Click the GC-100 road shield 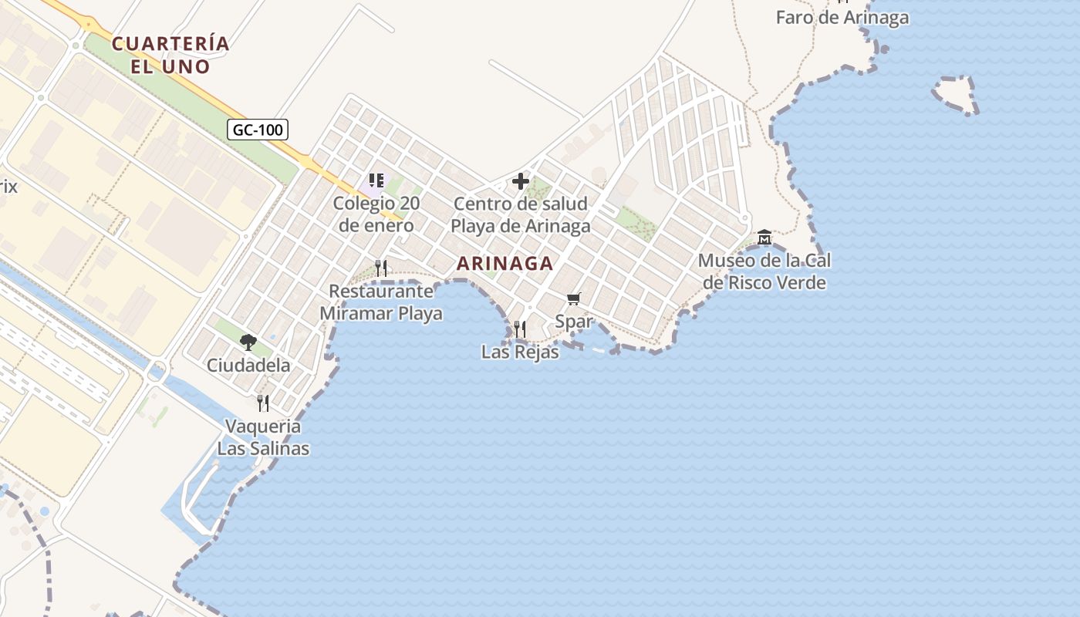pos(258,130)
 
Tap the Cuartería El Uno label pos(170,55)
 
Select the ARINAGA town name pos(505,264)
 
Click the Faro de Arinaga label pos(842,18)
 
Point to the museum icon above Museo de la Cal pos(764,237)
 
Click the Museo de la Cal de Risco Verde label pos(764,271)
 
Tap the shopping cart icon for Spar pos(573,299)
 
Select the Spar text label pos(574,322)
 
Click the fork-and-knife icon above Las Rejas pos(520,329)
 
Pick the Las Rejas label pos(520,352)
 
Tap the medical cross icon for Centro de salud pos(521,182)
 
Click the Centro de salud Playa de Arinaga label pos(521,215)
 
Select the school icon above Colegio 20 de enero pos(376,181)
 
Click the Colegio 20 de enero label pos(376,214)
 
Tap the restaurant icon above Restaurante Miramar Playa pos(381,268)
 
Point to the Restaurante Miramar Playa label pos(381,302)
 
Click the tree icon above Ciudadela pos(248,342)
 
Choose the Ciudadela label pos(248,365)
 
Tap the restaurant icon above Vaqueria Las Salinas pos(263,403)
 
